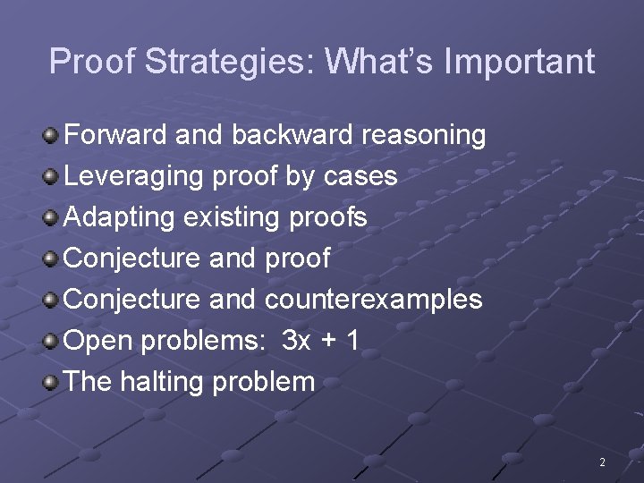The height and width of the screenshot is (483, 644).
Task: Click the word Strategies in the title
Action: tap(228, 62)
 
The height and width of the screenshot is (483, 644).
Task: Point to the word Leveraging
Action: tap(134, 176)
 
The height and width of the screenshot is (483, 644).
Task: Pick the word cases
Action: tap(360, 176)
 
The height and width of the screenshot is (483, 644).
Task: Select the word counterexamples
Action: tap(373, 300)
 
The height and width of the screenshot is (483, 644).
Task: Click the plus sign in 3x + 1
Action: tap(328, 341)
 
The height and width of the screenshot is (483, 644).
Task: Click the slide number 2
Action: tap(602, 462)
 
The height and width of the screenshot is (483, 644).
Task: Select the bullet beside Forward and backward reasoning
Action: tap(52, 136)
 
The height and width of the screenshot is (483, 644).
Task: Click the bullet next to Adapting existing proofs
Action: tap(52, 218)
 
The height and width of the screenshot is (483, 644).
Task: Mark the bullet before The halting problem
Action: tap(52, 383)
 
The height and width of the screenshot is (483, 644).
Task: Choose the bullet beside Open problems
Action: tap(52, 342)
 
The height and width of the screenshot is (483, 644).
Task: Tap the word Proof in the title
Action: tap(92, 62)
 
